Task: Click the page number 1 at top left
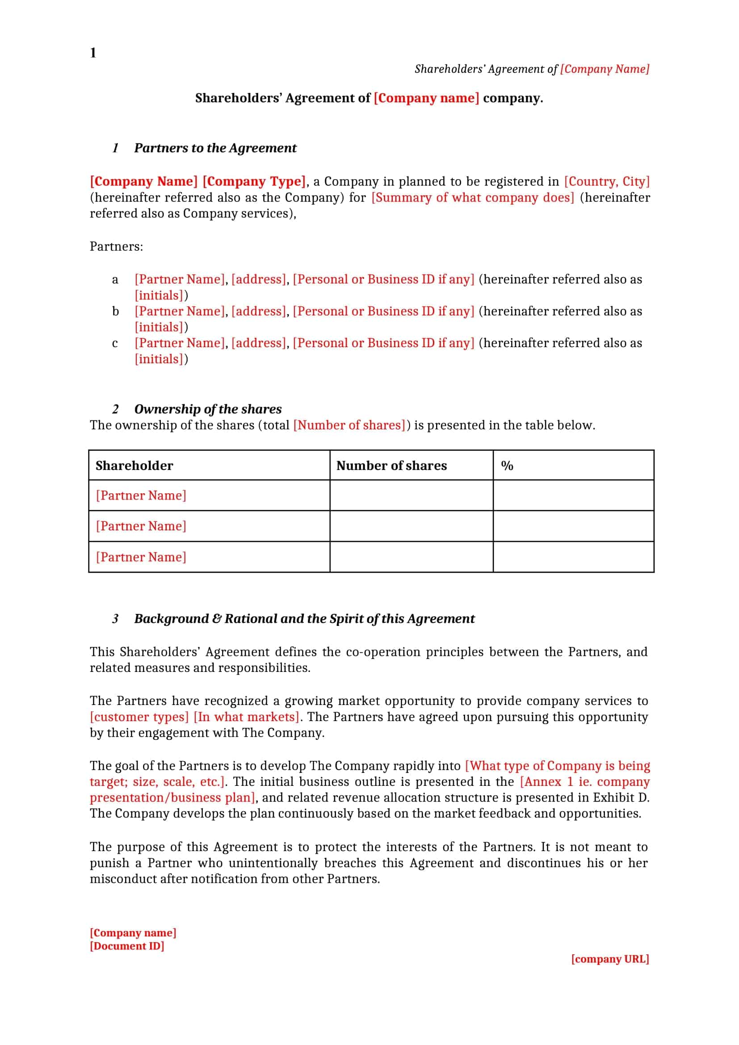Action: click(93, 53)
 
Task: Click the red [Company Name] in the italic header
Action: click(605, 69)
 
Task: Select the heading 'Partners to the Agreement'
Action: click(215, 148)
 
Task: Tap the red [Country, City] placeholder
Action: click(607, 181)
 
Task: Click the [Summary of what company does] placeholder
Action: click(473, 197)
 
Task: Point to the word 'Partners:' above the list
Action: click(116, 247)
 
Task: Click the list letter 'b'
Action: click(116, 311)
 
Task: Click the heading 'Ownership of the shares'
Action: click(207, 409)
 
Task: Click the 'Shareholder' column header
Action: click(134, 466)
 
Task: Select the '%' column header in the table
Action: click(507, 466)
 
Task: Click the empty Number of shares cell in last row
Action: click(411, 557)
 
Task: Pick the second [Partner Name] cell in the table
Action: click(141, 526)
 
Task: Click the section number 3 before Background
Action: click(116, 619)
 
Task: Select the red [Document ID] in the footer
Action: click(127, 946)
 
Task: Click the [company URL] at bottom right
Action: click(610, 959)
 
